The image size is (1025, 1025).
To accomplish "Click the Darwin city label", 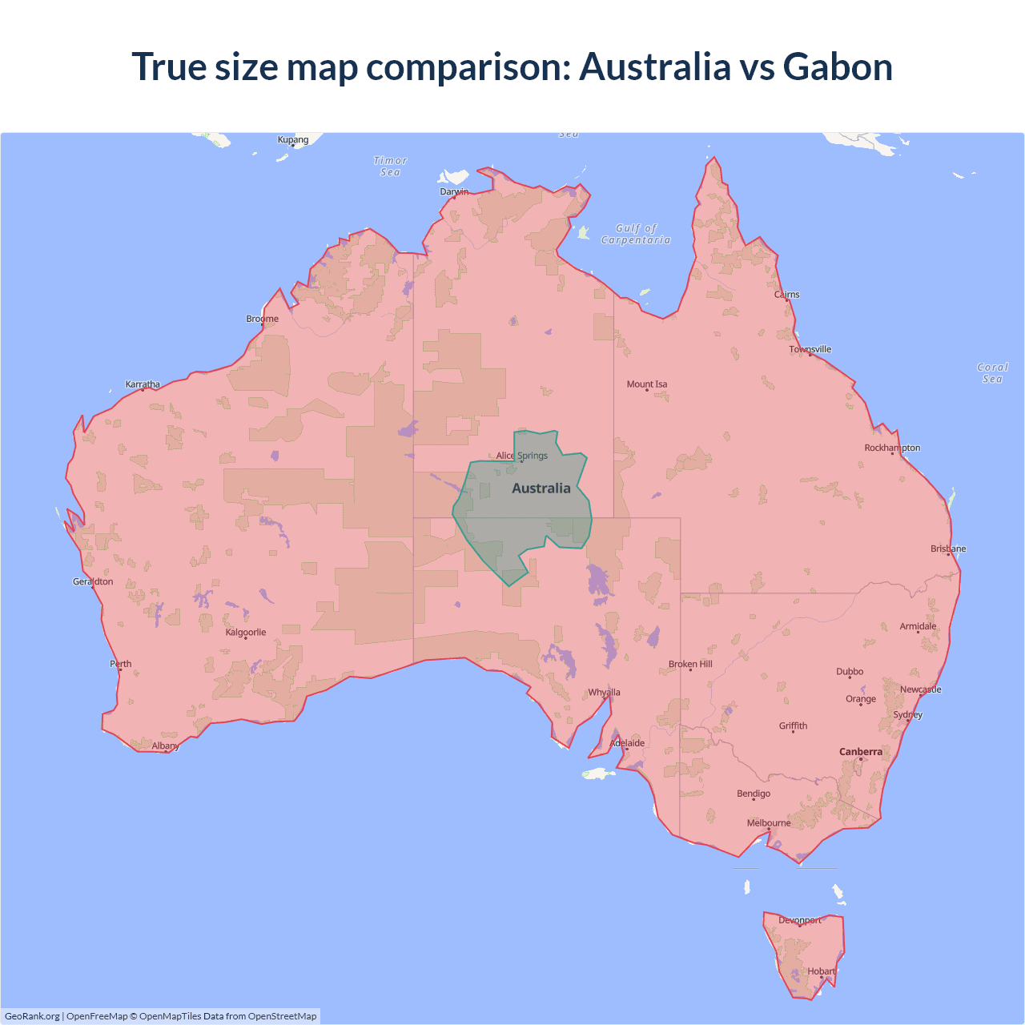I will pyautogui.click(x=454, y=191).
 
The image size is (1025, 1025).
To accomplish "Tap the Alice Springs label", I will pyautogui.click(x=522, y=456).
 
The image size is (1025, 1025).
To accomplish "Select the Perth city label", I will pyautogui.click(x=121, y=664).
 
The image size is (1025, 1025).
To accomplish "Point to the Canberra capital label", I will pyautogui.click(x=861, y=752).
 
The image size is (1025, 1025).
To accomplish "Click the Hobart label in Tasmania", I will pyautogui.click(x=821, y=971).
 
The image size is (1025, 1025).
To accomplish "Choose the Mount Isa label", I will pyautogui.click(x=647, y=384).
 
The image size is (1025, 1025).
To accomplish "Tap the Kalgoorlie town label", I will pyautogui.click(x=246, y=633).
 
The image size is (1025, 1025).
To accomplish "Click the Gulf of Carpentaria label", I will pyautogui.click(x=636, y=234).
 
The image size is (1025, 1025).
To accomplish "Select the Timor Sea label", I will pyautogui.click(x=391, y=167).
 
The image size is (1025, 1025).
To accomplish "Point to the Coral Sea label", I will pyautogui.click(x=992, y=373).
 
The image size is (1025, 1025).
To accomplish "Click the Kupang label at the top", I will pyautogui.click(x=293, y=139).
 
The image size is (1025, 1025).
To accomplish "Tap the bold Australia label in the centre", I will pyautogui.click(x=541, y=488).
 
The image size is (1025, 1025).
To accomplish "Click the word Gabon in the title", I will pyautogui.click(x=838, y=66).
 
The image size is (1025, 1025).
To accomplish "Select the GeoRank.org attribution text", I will pyautogui.click(x=32, y=1016).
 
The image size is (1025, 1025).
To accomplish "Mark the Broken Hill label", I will pyautogui.click(x=690, y=664).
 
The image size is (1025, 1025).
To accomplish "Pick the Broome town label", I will pyautogui.click(x=263, y=319).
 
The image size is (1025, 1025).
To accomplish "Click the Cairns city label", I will pyautogui.click(x=787, y=295).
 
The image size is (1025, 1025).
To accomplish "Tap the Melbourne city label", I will pyautogui.click(x=769, y=823).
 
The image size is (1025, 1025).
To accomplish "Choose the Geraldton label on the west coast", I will pyautogui.click(x=93, y=581).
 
